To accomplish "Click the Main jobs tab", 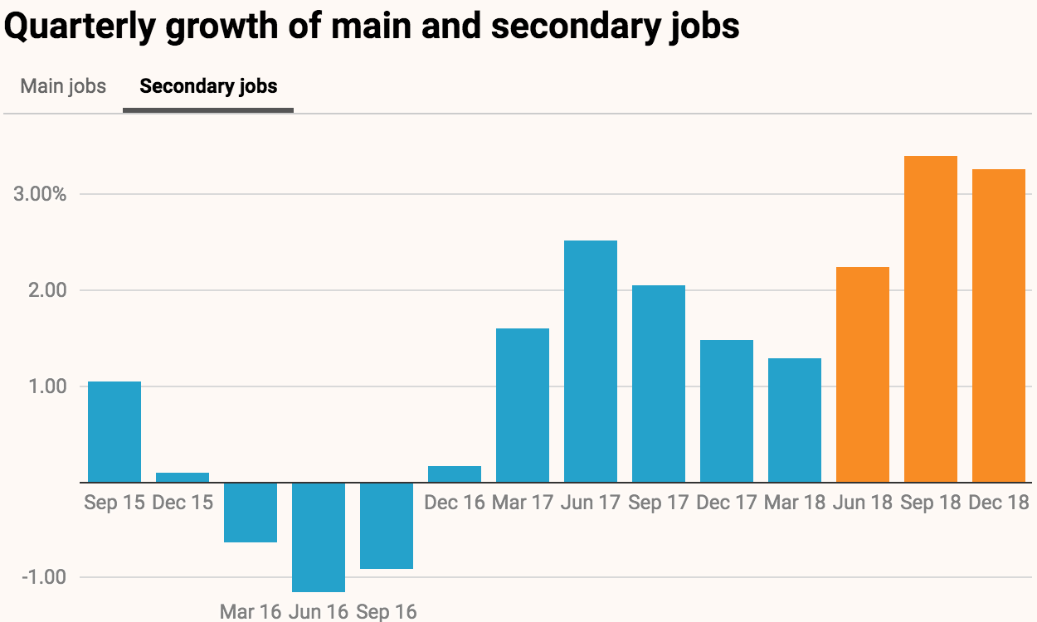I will [x=63, y=86].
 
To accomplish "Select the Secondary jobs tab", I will [x=208, y=86].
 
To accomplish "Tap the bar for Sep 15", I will [x=114, y=431].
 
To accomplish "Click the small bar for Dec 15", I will [x=183, y=478].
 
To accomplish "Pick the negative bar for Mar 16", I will [x=251, y=513].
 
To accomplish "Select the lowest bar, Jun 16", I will [x=319, y=537].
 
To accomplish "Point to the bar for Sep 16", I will [x=387, y=526].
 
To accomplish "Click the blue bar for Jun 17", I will [x=591, y=362].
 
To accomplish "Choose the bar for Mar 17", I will [x=523, y=406].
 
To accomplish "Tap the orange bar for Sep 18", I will [x=931, y=319].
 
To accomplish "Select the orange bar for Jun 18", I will [x=863, y=375].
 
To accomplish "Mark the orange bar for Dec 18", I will [x=999, y=326].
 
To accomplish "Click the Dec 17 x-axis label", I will [x=727, y=503].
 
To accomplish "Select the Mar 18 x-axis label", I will [x=795, y=503].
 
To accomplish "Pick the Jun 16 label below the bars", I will [x=319, y=612].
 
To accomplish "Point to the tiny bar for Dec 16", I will [x=455, y=474].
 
